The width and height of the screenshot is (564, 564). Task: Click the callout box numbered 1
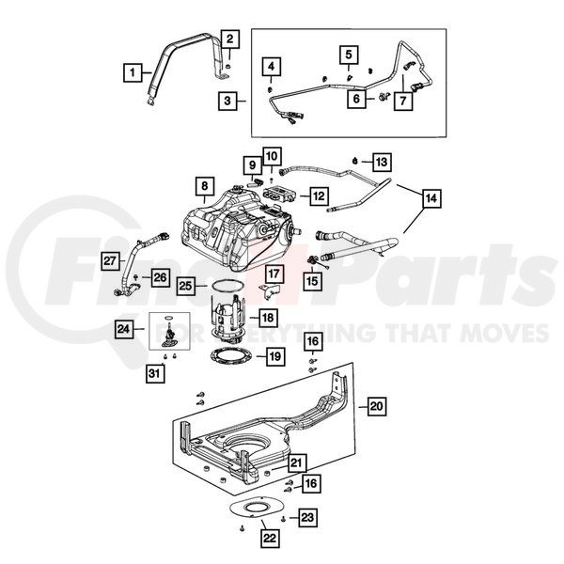pyautogui.click(x=133, y=72)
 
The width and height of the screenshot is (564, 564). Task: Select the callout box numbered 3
pyautogui.click(x=227, y=101)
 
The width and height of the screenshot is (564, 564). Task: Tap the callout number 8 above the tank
pyautogui.click(x=205, y=186)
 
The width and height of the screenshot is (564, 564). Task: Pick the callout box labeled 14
pyautogui.click(x=431, y=197)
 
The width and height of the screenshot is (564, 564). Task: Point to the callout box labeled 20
pyautogui.click(x=377, y=406)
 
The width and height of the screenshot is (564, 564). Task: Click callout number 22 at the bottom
pyautogui.click(x=270, y=538)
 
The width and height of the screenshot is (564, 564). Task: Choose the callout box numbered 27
pyautogui.click(x=109, y=260)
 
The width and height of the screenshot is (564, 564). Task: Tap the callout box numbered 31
pyautogui.click(x=155, y=373)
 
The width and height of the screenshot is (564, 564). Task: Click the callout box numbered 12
pyautogui.click(x=319, y=196)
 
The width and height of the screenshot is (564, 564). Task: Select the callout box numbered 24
pyautogui.click(x=124, y=328)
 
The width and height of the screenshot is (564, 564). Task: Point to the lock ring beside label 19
pyautogui.click(x=231, y=357)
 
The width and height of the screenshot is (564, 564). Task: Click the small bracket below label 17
pyautogui.click(x=270, y=290)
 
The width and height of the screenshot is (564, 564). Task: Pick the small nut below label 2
pyautogui.click(x=228, y=67)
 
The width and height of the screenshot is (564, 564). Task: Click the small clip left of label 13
pyautogui.click(x=355, y=161)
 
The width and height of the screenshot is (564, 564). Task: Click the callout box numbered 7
pyautogui.click(x=403, y=102)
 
